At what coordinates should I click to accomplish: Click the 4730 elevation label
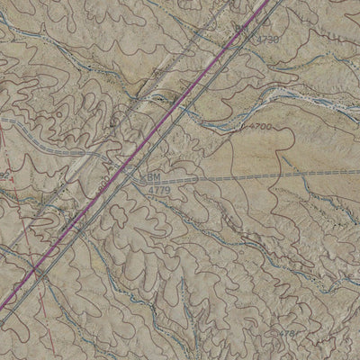[x=267, y=40]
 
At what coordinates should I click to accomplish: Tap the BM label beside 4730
[x=241, y=31]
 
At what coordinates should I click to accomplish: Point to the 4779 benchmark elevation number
[x=157, y=190]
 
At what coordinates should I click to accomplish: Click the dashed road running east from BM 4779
[x=252, y=177]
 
